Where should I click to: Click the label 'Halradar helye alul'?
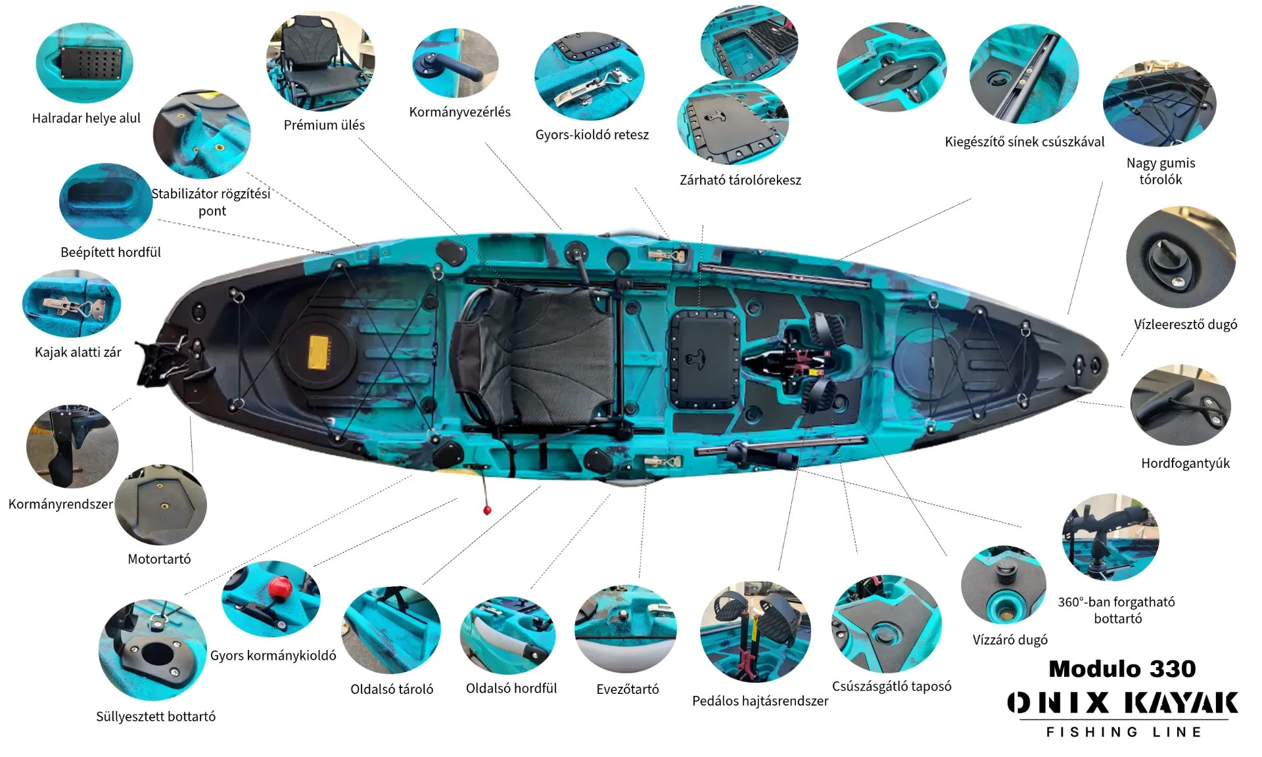click(x=86, y=118)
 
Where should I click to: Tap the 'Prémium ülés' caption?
click(x=324, y=125)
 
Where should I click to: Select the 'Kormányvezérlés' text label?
click(x=459, y=112)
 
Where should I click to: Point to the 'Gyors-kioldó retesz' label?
click(x=592, y=135)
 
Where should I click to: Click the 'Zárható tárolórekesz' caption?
click(x=740, y=180)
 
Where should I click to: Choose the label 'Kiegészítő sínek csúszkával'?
click(x=1024, y=142)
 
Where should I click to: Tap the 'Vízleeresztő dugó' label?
click(x=1185, y=325)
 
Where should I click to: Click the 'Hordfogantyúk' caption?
click(x=1185, y=463)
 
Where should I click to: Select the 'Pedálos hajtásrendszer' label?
click(x=760, y=701)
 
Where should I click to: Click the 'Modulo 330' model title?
click(x=1122, y=669)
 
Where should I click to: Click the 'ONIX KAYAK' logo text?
click(x=1123, y=702)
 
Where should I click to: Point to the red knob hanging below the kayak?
click(x=487, y=510)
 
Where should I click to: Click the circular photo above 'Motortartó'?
click(x=161, y=505)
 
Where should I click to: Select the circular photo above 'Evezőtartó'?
click(x=625, y=629)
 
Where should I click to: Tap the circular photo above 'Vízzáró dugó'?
click(x=1002, y=584)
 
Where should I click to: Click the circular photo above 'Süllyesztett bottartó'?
click(x=152, y=649)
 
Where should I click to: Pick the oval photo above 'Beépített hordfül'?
click(x=106, y=201)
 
